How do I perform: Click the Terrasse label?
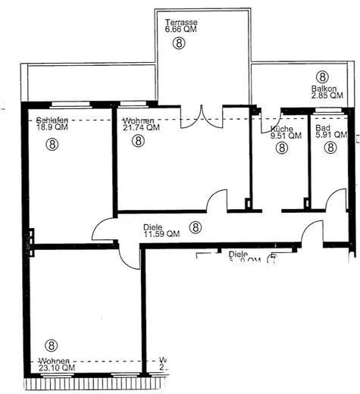coord(183,23)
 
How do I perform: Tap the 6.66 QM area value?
coord(183,31)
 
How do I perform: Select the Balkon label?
coord(323,89)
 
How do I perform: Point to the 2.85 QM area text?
coord(327,96)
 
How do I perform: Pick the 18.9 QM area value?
coord(52,128)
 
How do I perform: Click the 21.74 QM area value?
coord(142,128)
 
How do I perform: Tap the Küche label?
coord(282,130)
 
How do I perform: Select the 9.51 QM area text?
coord(285,137)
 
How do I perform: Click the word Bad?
coord(321,130)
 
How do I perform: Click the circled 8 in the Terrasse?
coord(179,44)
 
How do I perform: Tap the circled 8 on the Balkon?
coord(323,77)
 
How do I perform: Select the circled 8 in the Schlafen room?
coord(52,142)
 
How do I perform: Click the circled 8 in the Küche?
coord(282,149)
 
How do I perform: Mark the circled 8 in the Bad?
coord(330,149)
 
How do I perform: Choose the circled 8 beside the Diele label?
coord(196,226)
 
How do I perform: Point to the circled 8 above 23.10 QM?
coord(52,346)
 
